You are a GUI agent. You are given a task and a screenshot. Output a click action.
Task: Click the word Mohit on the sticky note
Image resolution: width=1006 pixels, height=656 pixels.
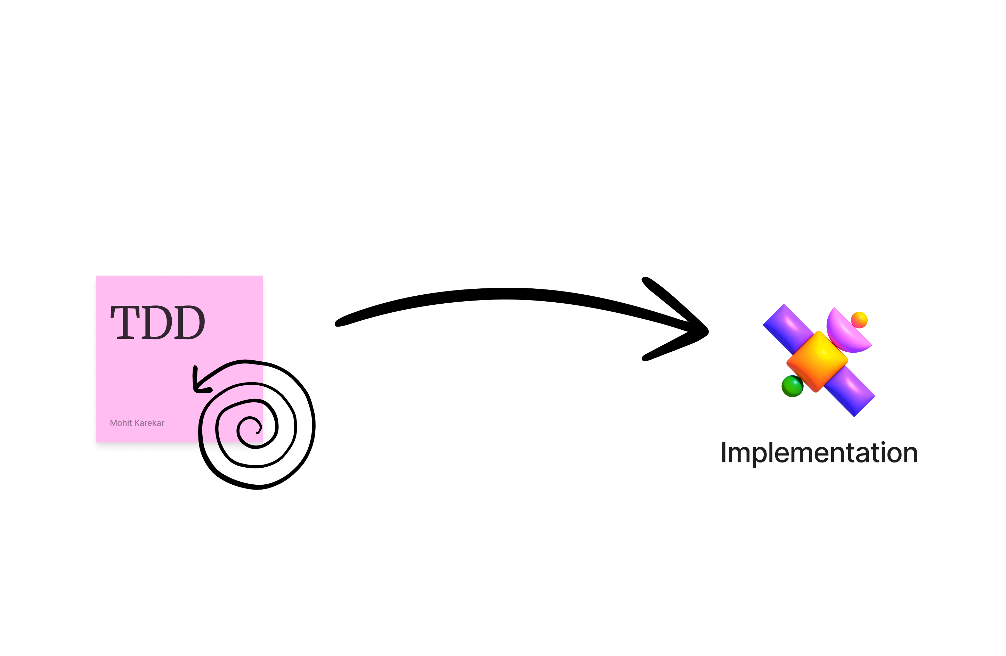point(121,423)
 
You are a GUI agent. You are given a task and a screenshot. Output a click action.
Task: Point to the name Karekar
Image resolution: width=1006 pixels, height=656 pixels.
point(149,423)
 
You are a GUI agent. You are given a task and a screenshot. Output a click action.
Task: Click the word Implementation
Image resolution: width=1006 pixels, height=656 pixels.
point(819,453)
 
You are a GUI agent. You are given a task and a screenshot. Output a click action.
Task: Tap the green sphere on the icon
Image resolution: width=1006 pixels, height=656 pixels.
point(792,386)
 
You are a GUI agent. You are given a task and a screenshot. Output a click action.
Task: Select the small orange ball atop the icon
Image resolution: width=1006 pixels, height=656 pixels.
point(859,320)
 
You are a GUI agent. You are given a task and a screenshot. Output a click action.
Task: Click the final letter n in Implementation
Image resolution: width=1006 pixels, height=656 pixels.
point(909,454)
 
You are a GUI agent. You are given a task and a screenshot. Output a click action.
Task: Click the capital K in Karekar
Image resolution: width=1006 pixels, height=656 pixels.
point(137,423)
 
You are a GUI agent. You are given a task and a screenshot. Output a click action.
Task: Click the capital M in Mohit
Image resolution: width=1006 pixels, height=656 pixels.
point(113,423)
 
